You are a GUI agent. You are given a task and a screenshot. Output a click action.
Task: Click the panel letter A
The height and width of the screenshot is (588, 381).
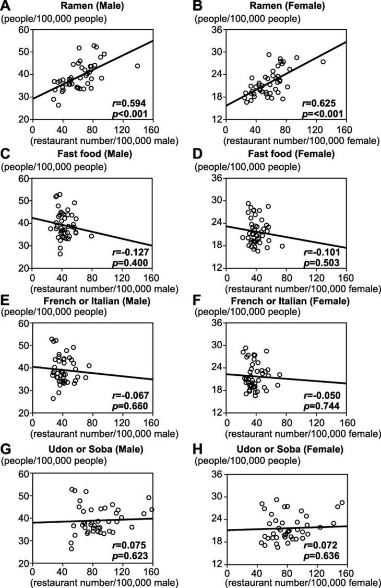(x=5, y=6)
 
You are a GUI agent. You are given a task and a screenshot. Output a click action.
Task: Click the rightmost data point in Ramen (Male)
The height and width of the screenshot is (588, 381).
(x=137, y=66)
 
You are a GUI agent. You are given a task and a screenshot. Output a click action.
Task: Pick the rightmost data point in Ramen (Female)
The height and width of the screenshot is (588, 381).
(x=323, y=62)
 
